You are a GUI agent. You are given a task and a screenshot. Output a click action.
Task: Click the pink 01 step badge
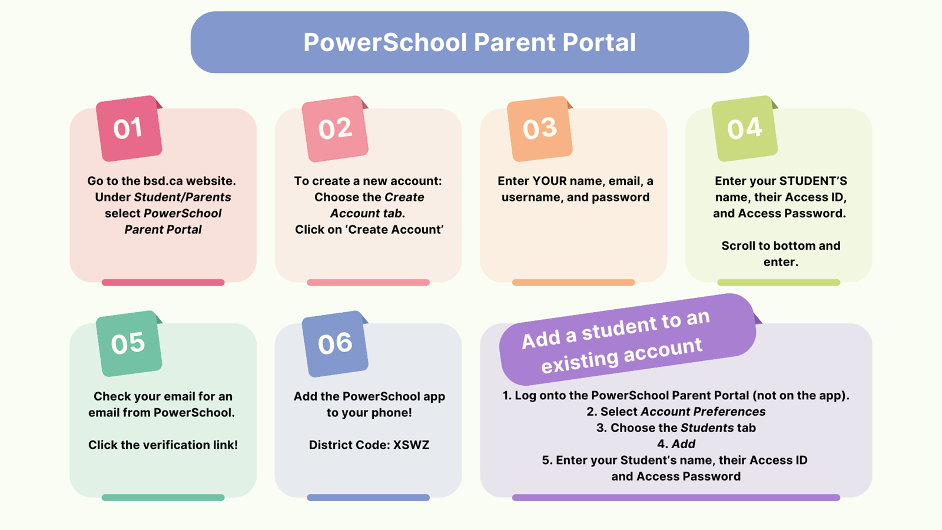pos(129,128)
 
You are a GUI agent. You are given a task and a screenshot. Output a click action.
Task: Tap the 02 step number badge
pos(335,129)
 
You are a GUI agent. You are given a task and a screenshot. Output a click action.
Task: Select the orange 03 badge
pos(540,129)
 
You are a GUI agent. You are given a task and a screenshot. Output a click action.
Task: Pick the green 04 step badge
pos(745,128)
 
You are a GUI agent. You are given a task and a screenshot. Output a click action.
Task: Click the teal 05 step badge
pos(129,344)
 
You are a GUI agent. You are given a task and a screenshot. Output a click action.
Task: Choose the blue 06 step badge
pos(335,344)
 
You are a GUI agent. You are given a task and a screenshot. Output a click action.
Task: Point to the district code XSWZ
pos(411,445)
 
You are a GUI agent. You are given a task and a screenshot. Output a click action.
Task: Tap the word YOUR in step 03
pos(549,181)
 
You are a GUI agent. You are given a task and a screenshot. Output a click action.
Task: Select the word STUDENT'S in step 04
pos(813,181)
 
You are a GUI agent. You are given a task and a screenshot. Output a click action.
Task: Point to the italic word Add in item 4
pos(683,444)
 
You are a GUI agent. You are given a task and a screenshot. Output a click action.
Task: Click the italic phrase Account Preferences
pos(703,412)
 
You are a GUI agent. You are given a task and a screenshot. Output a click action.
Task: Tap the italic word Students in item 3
pos(707,428)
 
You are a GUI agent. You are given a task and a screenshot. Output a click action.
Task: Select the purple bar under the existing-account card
pos(676,498)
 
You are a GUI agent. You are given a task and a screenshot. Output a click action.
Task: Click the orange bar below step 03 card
pos(573,283)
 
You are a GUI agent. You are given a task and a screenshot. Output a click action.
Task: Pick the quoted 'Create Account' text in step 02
pos(394,230)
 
